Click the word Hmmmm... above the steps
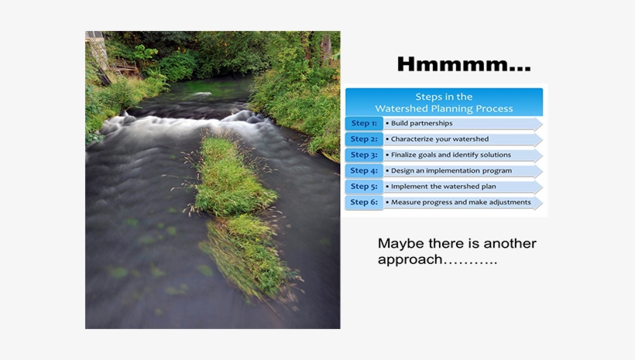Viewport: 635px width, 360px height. coord(463,65)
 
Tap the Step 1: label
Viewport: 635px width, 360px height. coord(364,123)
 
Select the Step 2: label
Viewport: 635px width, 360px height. coord(364,139)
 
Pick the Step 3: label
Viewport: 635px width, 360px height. coord(364,155)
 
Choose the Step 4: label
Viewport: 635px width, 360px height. coord(364,171)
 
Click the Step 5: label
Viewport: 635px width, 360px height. coord(364,187)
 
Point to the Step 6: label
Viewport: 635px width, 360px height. coord(364,203)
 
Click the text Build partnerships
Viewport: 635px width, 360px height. coord(421,123)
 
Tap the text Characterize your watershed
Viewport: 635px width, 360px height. coord(439,139)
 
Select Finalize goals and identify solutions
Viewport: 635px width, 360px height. coord(451,155)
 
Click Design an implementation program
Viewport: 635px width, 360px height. coord(450,171)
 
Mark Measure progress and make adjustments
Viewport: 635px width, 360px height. coord(461,203)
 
